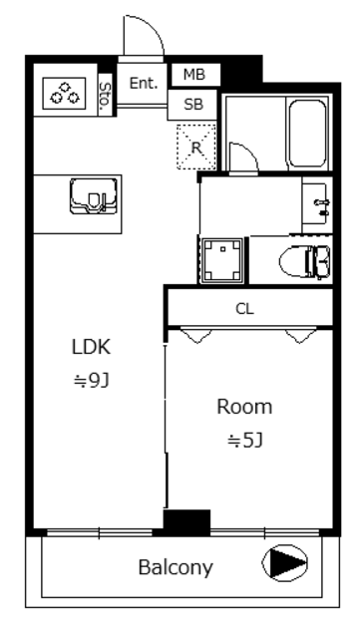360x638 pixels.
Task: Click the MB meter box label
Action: pos(194,75)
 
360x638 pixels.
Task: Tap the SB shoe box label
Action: pos(193,105)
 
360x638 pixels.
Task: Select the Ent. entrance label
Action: pos(144,83)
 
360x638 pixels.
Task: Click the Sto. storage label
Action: pos(105,95)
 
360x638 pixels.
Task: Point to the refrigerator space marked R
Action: pos(196,147)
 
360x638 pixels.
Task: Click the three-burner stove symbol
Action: pos(65,93)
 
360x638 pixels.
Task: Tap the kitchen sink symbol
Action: pos(94,195)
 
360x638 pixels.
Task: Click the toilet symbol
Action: pos(304,261)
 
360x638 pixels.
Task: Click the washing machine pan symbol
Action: pos(222,260)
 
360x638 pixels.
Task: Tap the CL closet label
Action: pos(244,309)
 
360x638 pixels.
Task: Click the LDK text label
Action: pos(91,348)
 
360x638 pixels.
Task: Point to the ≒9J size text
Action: pos(91,381)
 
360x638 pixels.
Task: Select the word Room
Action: pos(244,408)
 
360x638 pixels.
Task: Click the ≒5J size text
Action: pos(245,441)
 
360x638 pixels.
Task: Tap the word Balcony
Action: pos(176,568)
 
